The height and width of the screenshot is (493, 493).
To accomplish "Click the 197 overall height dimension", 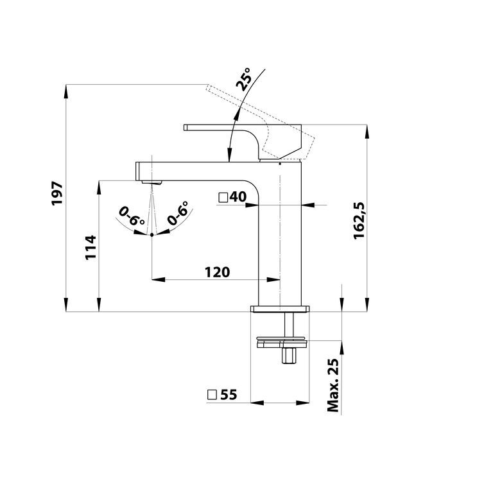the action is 58,193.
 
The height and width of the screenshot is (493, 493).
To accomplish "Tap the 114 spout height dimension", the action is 91,247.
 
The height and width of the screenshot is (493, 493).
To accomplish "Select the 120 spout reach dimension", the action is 217,272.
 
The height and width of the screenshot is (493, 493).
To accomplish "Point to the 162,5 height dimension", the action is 358,221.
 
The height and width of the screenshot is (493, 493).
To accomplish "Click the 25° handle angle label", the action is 244,79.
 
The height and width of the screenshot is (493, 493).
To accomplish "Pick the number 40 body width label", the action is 238,197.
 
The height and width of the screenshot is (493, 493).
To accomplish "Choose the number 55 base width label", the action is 229,395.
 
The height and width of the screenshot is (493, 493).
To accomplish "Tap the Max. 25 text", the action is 333,385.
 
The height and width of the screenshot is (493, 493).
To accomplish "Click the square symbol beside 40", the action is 223,198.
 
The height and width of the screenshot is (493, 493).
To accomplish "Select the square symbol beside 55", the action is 212,395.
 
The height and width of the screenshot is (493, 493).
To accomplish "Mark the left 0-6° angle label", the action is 132,216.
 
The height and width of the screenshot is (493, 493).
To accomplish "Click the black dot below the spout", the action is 152,234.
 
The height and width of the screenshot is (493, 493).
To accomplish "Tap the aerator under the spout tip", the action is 151,182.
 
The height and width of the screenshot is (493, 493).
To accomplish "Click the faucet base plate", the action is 280,309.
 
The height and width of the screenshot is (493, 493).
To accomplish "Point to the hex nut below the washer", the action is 289,355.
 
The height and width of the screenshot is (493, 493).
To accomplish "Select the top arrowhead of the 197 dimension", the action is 66,92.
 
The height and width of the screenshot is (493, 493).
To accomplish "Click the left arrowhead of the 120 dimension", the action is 159,279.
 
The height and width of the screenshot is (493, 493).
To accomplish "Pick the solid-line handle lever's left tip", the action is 185,127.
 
